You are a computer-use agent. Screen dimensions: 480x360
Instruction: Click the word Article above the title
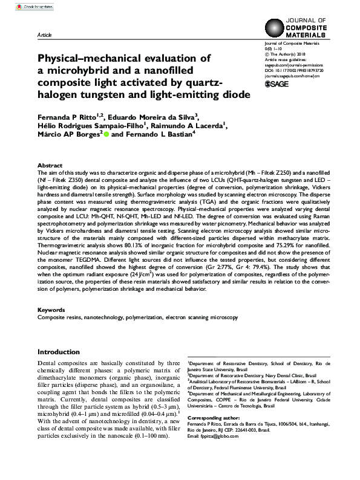coord(45,36)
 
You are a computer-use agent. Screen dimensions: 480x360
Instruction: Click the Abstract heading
coord(50,165)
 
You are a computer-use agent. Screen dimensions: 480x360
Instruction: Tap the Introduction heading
coord(63,352)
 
